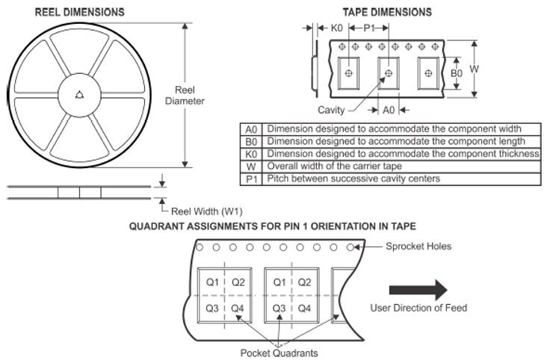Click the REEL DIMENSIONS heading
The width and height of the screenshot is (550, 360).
coord(79,12)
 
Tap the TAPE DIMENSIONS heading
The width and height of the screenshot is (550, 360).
coord(387,12)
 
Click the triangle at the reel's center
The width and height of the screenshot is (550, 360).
coord(80,94)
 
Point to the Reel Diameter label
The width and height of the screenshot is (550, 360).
coord(185,96)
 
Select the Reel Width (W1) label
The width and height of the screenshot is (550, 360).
coord(207,211)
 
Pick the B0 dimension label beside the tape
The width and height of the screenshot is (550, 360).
coord(456,73)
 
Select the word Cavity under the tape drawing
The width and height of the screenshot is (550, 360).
coord(331,111)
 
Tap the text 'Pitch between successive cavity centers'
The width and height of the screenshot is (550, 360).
coord(353,179)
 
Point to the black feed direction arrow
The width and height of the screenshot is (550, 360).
coord(418,291)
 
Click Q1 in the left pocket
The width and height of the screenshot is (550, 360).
coord(213,282)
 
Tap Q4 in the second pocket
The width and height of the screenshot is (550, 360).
coord(305,308)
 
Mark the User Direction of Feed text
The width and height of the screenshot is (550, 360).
coord(418,308)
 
